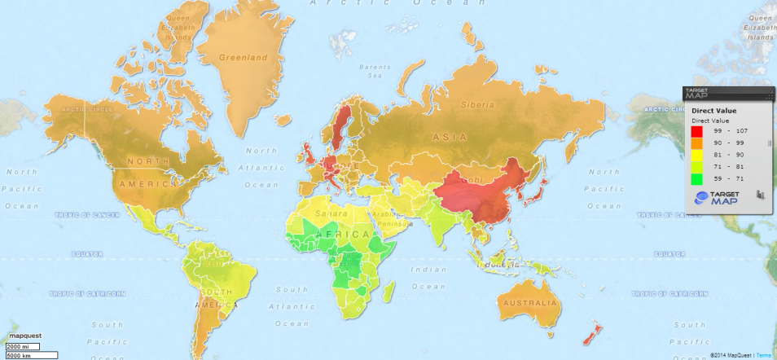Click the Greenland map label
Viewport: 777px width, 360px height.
(243, 58)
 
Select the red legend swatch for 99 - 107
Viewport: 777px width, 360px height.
(696, 130)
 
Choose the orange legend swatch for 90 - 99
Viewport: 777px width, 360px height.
(696, 142)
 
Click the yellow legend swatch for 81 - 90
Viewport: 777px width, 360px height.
(696, 153)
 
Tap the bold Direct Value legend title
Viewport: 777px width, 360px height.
(714, 109)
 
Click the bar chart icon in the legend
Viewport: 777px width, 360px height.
(758, 195)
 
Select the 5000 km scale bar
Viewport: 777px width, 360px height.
(30, 355)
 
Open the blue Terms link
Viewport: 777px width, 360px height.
(766, 355)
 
